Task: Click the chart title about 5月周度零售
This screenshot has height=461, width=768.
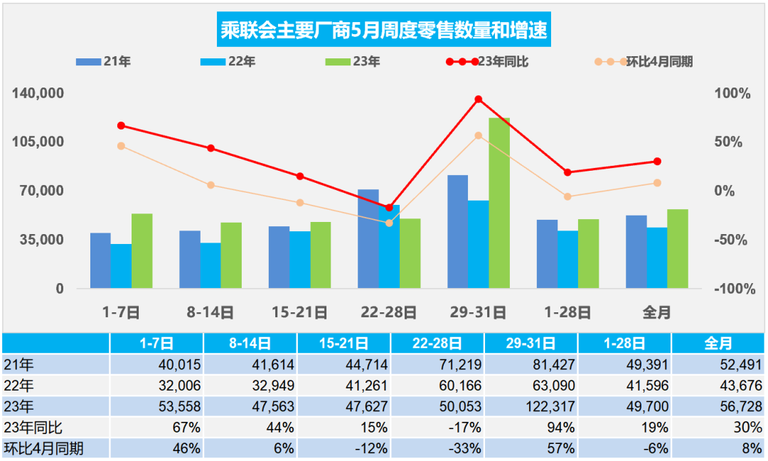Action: pyautogui.click(x=385, y=31)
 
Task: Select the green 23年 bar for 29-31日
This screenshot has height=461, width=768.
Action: pyautogui.click(x=499, y=203)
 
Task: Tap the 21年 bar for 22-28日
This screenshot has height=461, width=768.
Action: pyautogui.click(x=368, y=238)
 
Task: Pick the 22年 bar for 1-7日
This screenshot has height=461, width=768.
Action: pyautogui.click(x=121, y=265)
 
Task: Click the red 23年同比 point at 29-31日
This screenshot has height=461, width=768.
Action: pyautogui.click(x=479, y=99)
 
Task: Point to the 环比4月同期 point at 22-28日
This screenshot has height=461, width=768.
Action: pyautogui.click(x=389, y=223)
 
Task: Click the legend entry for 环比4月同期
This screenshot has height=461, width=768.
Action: pyautogui.click(x=644, y=62)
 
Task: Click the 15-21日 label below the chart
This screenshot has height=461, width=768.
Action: pyautogui.click(x=299, y=312)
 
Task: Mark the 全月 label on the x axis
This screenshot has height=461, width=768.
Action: pyautogui.click(x=656, y=312)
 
